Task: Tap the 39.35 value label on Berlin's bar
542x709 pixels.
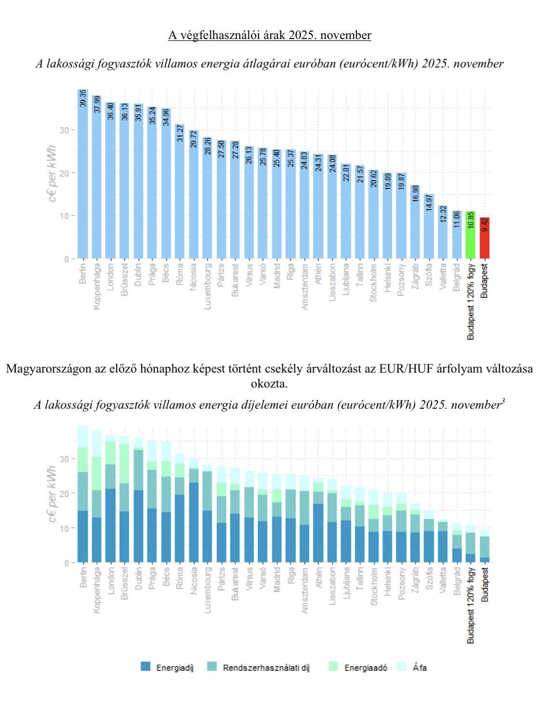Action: [82, 98]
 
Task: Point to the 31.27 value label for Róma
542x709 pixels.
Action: [180, 133]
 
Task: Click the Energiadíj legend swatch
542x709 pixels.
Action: [145, 667]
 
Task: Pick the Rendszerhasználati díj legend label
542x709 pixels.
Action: [266, 668]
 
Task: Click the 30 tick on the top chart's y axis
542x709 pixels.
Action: [67, 130]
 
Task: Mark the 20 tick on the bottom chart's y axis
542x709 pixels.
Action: [67, 493]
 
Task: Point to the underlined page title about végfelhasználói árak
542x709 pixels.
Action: [270, 35]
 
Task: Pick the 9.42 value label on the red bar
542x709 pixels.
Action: [485, 225]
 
